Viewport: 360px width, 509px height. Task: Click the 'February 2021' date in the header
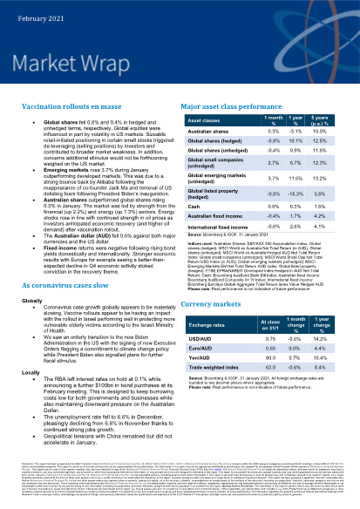tap(35, 8)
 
